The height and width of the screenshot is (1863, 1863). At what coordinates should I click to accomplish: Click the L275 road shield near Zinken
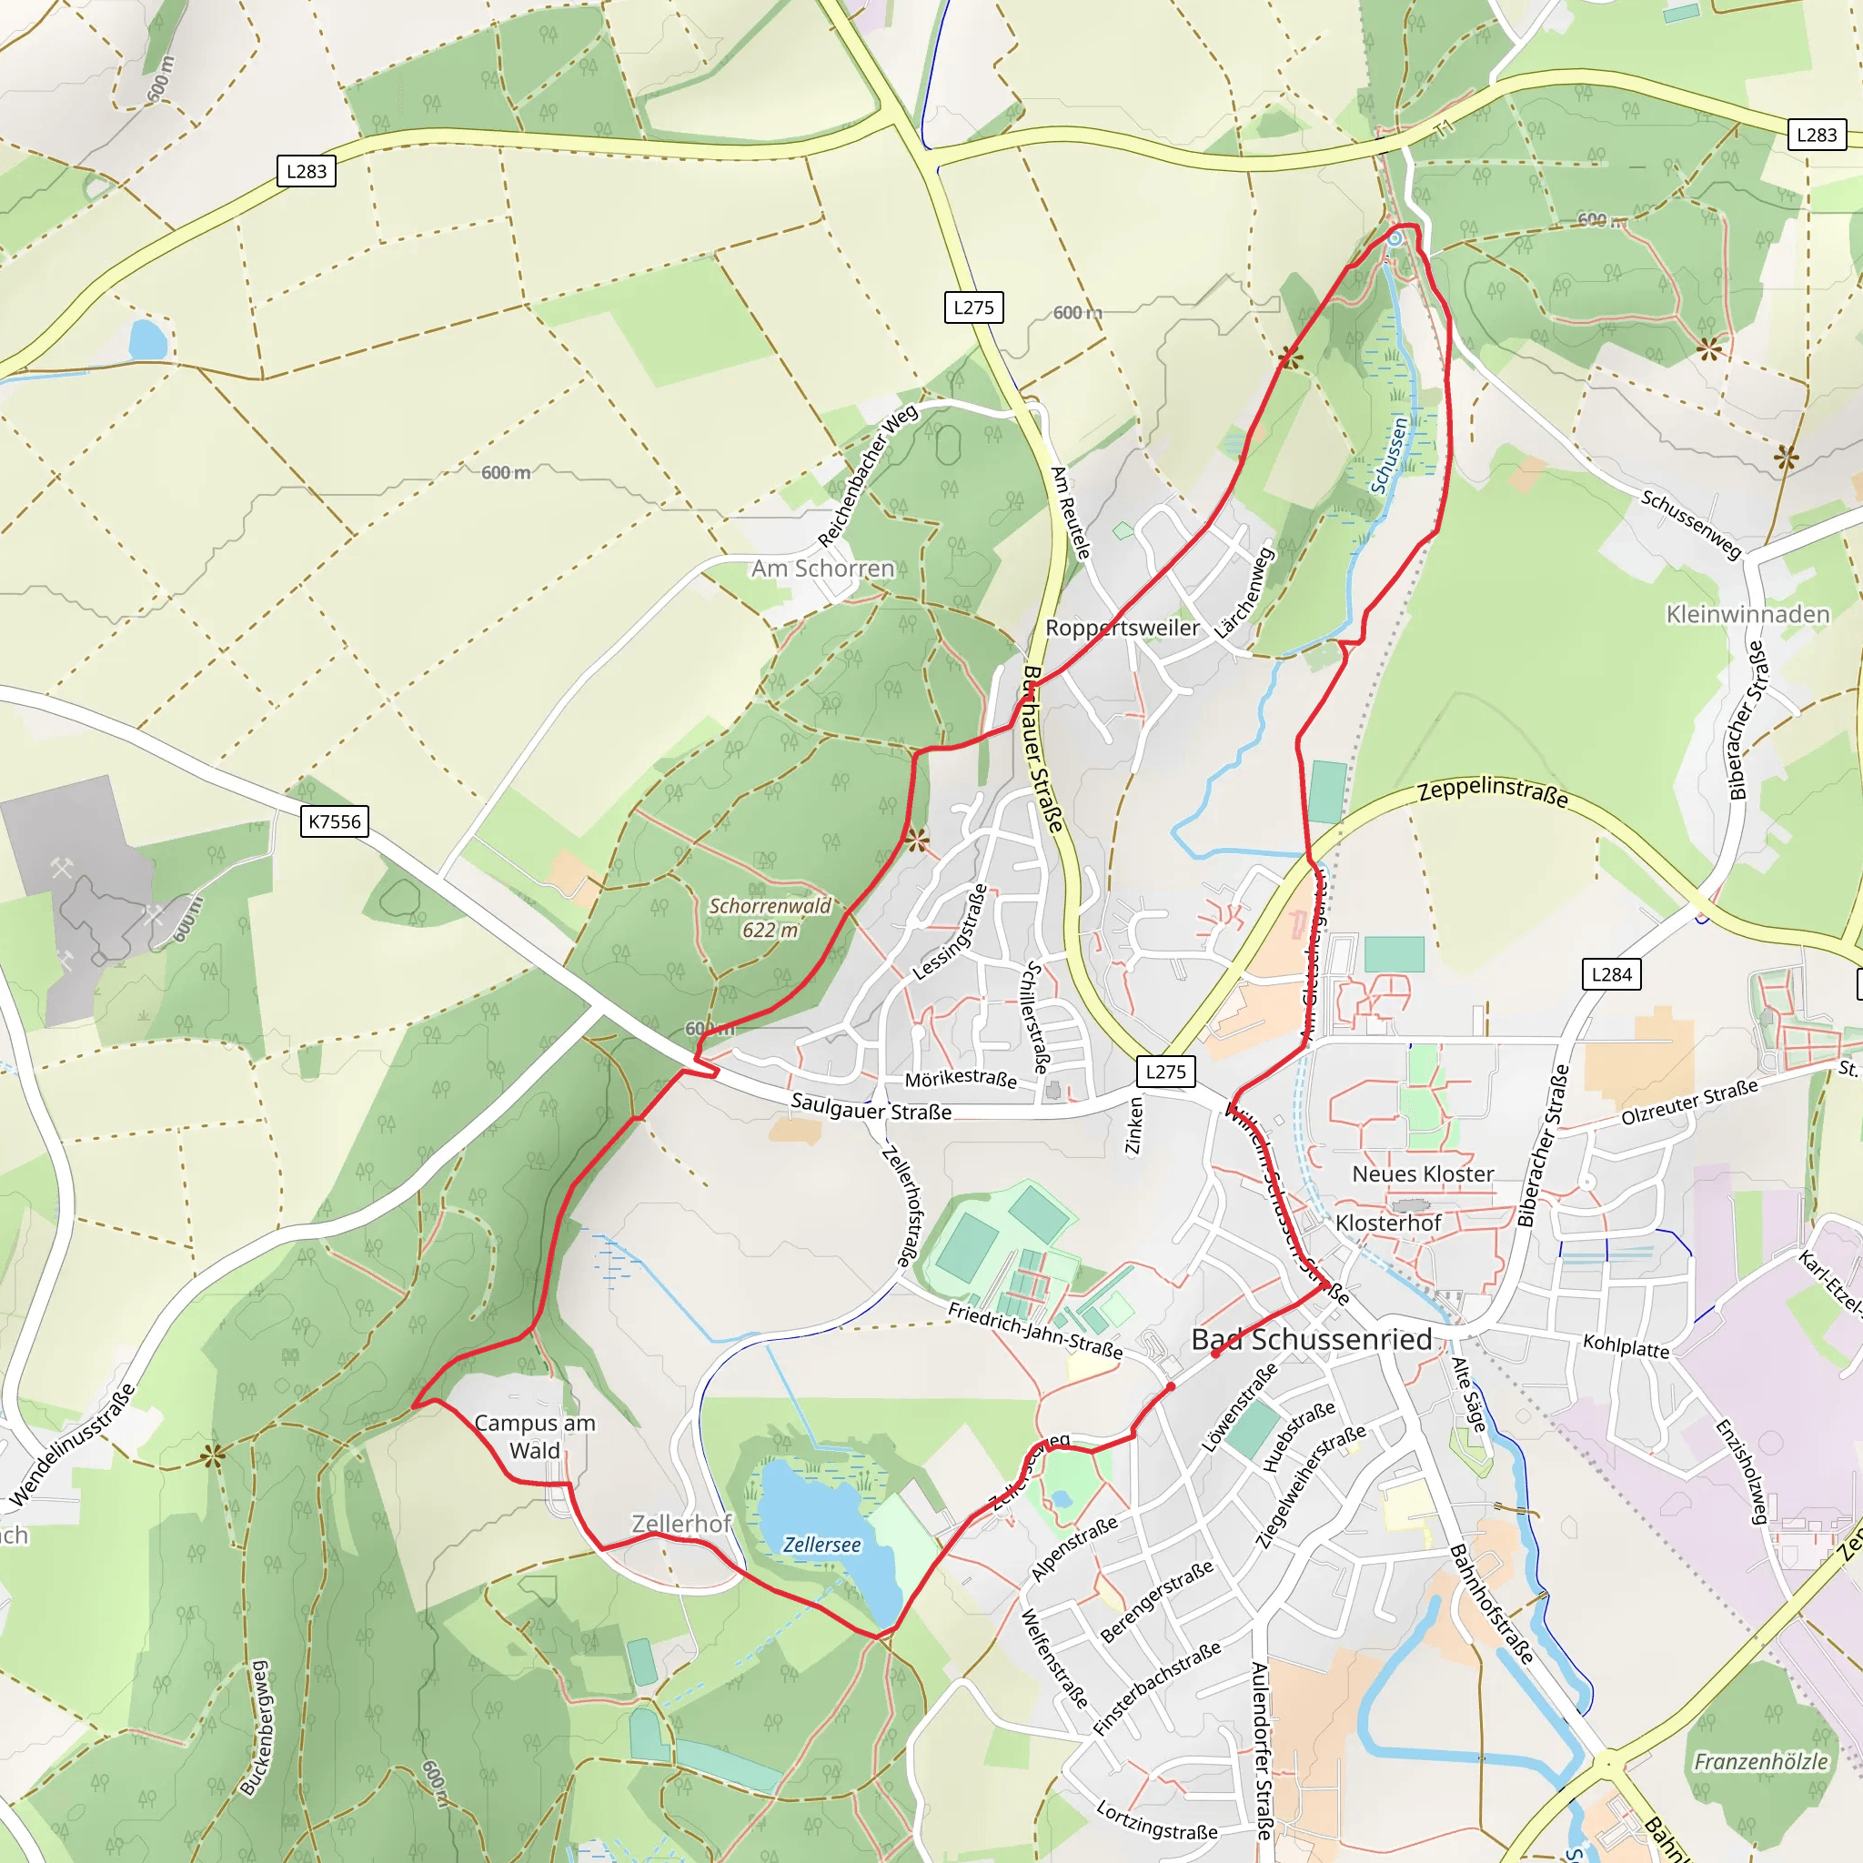pyautogui.click(x=1165, y=1072)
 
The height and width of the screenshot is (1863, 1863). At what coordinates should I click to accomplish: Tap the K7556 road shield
pyautogui.click(x=334, y=821)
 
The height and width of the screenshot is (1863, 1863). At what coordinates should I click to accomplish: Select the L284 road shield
pyautogui.click(x=1610, y=974)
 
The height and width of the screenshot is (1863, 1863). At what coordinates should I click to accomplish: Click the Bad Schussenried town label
pyautogui.click(x=1312, y=1339)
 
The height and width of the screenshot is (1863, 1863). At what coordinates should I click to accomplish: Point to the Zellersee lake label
pyautogui.click(x=821, y=1545)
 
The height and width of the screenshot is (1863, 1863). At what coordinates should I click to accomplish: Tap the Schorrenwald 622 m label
pyautogui.click(x=770, y=918)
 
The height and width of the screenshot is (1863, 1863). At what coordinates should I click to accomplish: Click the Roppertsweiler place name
pyautogui.click(x=1123, y=628)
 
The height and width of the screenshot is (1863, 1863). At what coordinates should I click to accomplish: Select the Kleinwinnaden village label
pyautogui.click(x=1747, y=614)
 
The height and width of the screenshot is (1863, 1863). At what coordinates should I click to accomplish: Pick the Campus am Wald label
pyautogui.click(x=535, y=1436)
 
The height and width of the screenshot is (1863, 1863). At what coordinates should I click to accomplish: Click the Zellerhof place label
pyautogui.click(x=680, y=1524)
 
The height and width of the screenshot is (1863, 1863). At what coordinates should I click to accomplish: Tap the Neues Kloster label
pyautogui.click(x=1423, y=1173)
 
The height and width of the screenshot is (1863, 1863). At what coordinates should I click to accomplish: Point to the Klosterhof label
pyautogui.click(x=1387, y=1223)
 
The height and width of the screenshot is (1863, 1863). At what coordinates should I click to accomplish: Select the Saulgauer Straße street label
pyautogui.click(x=871, y=1107)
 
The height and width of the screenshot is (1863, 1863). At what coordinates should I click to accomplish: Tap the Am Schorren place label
pyautogui.click(x=822, y=568)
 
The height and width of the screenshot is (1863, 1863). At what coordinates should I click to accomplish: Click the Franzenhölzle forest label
pyautogui.click(x=1760, y=1762)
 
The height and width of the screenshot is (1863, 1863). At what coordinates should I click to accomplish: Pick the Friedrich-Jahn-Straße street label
pyautogui.click(x=1034, y=1331)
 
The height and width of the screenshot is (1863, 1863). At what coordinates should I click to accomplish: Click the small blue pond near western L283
pyautogui.click(x=147, y=339)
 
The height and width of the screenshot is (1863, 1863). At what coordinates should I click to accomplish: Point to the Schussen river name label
pyautogui.click(x=1390, y=455)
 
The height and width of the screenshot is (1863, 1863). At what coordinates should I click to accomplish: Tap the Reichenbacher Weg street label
pyautogui.click(x=867, y=477)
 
